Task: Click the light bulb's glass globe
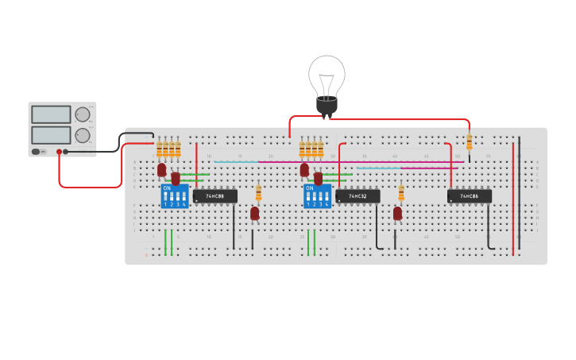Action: (x=327, y=75)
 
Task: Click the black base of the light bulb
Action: (x=327, y=105)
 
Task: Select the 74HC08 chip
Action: (x=215, y=195)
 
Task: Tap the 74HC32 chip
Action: (x=358, y=195)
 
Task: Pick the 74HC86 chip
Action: (x=470, y=195)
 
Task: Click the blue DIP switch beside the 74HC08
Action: (x=175, y=196)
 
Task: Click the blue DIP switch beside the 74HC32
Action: (x=318, y=196)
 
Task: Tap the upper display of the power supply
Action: (x=51, y=114)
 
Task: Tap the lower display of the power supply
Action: (x=51, y=134)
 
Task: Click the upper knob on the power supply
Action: (x=83, y=114)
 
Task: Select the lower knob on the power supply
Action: (x=83, y=135)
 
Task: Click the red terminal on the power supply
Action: (x=59, y=151)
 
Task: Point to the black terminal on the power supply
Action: (x=66, y=151)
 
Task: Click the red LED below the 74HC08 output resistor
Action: (x=254, y=213)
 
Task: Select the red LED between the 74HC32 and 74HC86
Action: (x=397, y=213)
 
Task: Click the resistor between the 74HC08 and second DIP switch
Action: (x=258, y=192)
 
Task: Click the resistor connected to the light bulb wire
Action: (x=469, y=142)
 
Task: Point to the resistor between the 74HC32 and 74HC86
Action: (x=401, y=192)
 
